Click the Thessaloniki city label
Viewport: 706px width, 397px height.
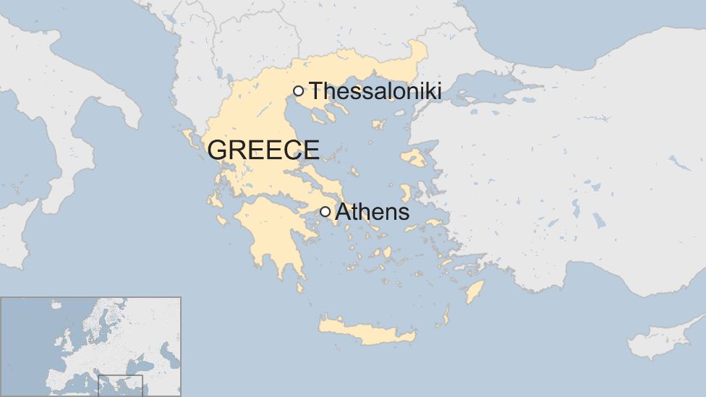coord(375,91)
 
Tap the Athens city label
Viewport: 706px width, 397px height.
coord(373,212)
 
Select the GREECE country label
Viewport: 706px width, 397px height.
coord(263,150)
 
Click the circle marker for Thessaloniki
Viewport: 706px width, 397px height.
coord(298,90)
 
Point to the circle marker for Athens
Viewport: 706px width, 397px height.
coord(326,212)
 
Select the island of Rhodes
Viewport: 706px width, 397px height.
coord(475,291)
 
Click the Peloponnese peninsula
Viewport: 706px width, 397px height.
coord(271,231)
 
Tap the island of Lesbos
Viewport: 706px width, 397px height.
coord(414,157)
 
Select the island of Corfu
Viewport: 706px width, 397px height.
coord(189,135)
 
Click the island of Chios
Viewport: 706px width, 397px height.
coord(406,192)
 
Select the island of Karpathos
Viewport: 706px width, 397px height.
coord(446,315)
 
